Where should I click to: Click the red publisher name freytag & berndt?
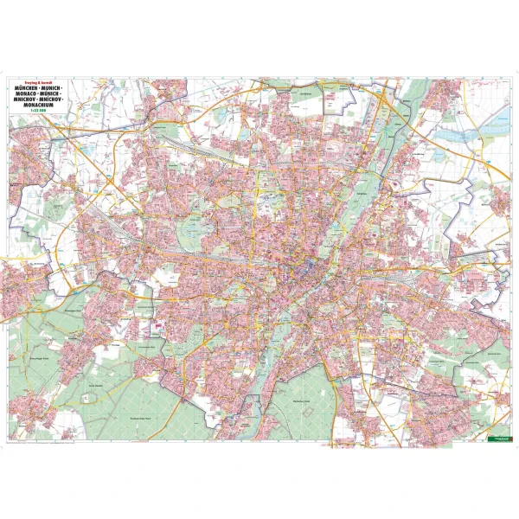tap(41, 82)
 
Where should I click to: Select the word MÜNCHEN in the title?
tap(28, 88)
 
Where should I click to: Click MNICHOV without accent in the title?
tap(27, 101)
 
